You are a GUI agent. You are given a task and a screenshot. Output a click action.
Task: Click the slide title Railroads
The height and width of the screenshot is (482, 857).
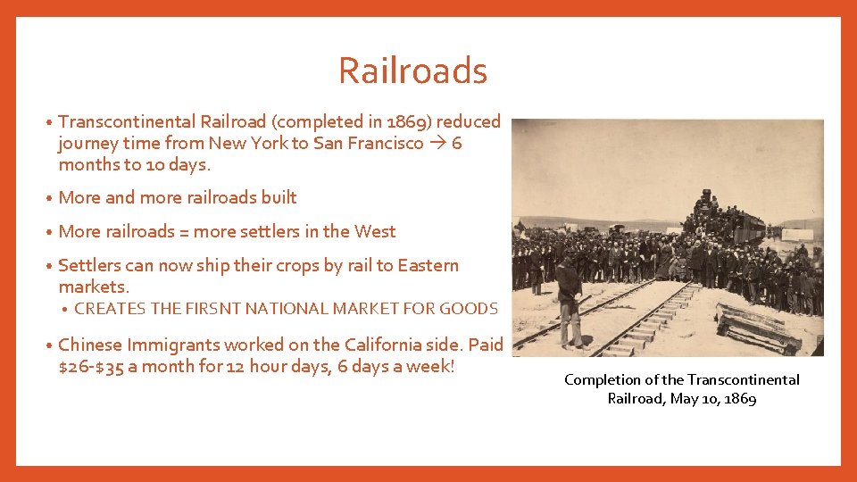tap(412, 71)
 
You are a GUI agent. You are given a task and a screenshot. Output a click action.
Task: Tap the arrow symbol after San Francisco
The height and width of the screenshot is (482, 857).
tap(437, 143)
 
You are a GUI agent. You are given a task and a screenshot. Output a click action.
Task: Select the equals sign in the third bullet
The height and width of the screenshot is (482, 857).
tap(184, 232)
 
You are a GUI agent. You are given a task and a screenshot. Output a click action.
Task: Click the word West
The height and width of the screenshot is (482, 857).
tap(375, 231)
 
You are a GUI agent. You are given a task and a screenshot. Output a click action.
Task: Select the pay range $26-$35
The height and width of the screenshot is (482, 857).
tap(93, 367)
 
